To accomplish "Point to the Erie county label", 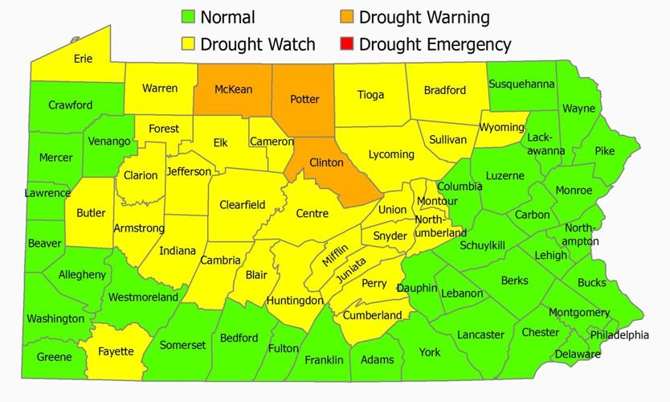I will point(83,59).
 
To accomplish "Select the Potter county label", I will point(304,100).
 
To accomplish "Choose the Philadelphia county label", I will point(619,334).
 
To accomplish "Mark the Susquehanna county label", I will point(522,84).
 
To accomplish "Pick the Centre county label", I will point(312,213).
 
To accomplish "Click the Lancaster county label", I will point(480,334).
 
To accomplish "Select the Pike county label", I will point(605,150).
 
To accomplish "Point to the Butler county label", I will point(91,213).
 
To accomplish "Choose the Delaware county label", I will point(578,354).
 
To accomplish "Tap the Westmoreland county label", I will point(143,297).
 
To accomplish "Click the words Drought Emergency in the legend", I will point(435,43).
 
